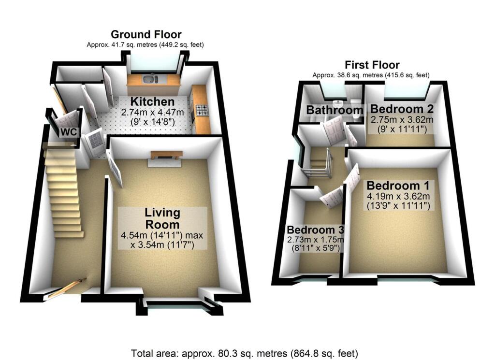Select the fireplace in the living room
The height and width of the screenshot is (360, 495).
166,155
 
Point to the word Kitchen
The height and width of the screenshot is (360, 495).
153,102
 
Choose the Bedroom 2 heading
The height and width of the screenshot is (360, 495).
401,109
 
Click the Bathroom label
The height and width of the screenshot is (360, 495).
335,110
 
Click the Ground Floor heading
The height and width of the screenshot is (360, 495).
146,34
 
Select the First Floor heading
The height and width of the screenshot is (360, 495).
372,65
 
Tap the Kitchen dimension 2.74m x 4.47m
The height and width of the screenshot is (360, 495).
153,113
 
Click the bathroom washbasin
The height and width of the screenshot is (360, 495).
340,102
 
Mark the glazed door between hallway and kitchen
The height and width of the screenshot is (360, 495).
92,144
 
